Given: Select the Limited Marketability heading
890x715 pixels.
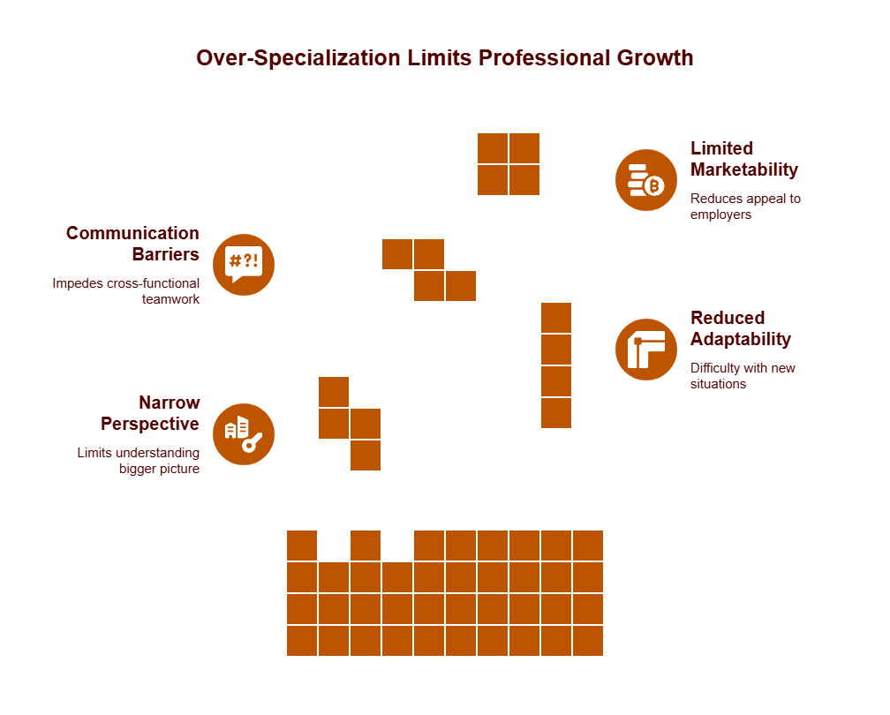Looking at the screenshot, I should point(743,159).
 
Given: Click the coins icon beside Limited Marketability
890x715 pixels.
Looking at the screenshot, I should point(645,180).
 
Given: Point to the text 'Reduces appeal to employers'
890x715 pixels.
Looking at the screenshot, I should point(745,207).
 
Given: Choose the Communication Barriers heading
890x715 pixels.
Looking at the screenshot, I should point(133,244).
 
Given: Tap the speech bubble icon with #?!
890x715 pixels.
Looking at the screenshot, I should point(244,265).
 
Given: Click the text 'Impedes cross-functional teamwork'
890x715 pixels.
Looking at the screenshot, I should point(126,291).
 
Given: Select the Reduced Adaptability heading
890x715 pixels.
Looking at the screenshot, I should point(740,328).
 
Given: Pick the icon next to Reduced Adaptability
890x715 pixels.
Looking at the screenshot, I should point(645,350).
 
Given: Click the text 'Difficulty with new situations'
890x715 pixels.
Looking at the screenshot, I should point(743,376).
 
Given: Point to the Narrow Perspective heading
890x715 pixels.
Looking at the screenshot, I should point(150,413).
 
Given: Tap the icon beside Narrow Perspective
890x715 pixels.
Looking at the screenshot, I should point(244,434).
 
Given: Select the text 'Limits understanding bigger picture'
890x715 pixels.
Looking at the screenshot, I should point(139,461).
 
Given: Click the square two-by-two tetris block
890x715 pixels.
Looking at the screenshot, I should point(509,164).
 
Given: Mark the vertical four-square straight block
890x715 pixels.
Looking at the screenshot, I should point(556,365).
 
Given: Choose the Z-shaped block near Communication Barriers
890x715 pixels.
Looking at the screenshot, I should point(429,270).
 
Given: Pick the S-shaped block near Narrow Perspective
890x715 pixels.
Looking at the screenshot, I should point(350,424).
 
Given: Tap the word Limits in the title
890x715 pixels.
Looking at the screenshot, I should point(440,58).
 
